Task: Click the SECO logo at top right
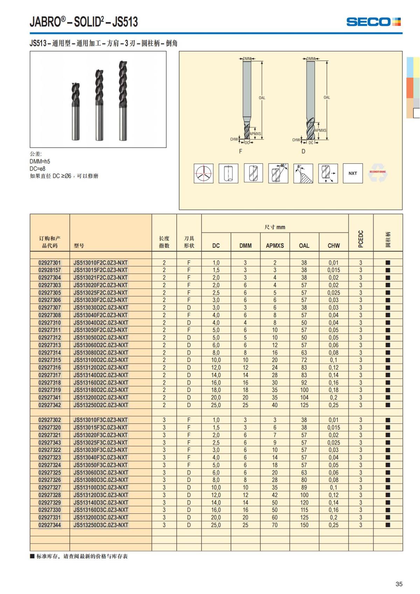tap(373, 22)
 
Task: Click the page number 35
tap(399, 584)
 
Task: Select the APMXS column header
tap(275, 246)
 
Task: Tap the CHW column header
tap(334, 246)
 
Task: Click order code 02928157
tap(50, 270)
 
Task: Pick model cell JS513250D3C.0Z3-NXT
tap(101, 525)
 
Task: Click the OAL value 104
tap(304, 398)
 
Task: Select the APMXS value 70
tap(275, 525)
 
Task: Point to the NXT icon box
tap(352, 173)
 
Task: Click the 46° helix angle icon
tap(278, 173)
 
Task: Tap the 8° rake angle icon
tap(303, 173)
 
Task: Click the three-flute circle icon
tap(204, 173)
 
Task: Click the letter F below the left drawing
tap(240, 151)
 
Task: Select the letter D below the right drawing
tap(303, 151)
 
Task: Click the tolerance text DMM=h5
tap(40, 161)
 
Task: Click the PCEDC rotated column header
tap(361, 239)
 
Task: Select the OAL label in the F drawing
tap(262, 98)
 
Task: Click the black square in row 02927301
tap(388, 263)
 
